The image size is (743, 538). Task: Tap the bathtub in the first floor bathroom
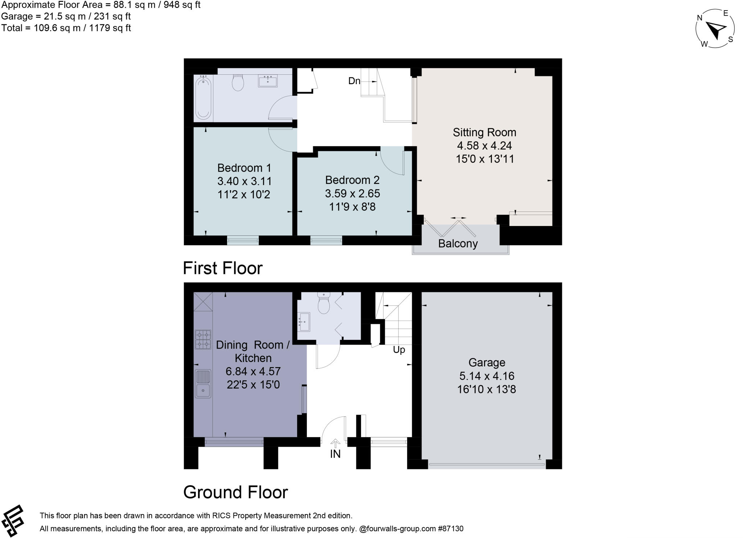203,97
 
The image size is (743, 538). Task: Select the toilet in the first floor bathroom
238,83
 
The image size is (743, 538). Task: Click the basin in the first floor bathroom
268,81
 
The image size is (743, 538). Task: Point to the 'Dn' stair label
354,81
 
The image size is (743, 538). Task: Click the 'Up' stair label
399,350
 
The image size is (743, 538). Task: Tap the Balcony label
458,243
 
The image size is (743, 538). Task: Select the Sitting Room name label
484,132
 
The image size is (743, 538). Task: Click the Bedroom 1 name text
244,168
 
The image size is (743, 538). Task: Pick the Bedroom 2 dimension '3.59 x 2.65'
352,193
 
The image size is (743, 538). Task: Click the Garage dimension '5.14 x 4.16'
487,376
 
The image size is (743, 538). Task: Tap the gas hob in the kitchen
203,339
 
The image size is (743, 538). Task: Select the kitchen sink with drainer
203,383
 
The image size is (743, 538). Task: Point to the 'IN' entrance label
335,454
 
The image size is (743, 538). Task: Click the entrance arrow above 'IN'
335,443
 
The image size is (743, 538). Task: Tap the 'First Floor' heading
222,268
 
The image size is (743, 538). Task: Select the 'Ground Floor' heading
235,492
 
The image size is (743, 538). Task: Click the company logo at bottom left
13,521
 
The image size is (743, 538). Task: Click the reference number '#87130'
451,529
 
